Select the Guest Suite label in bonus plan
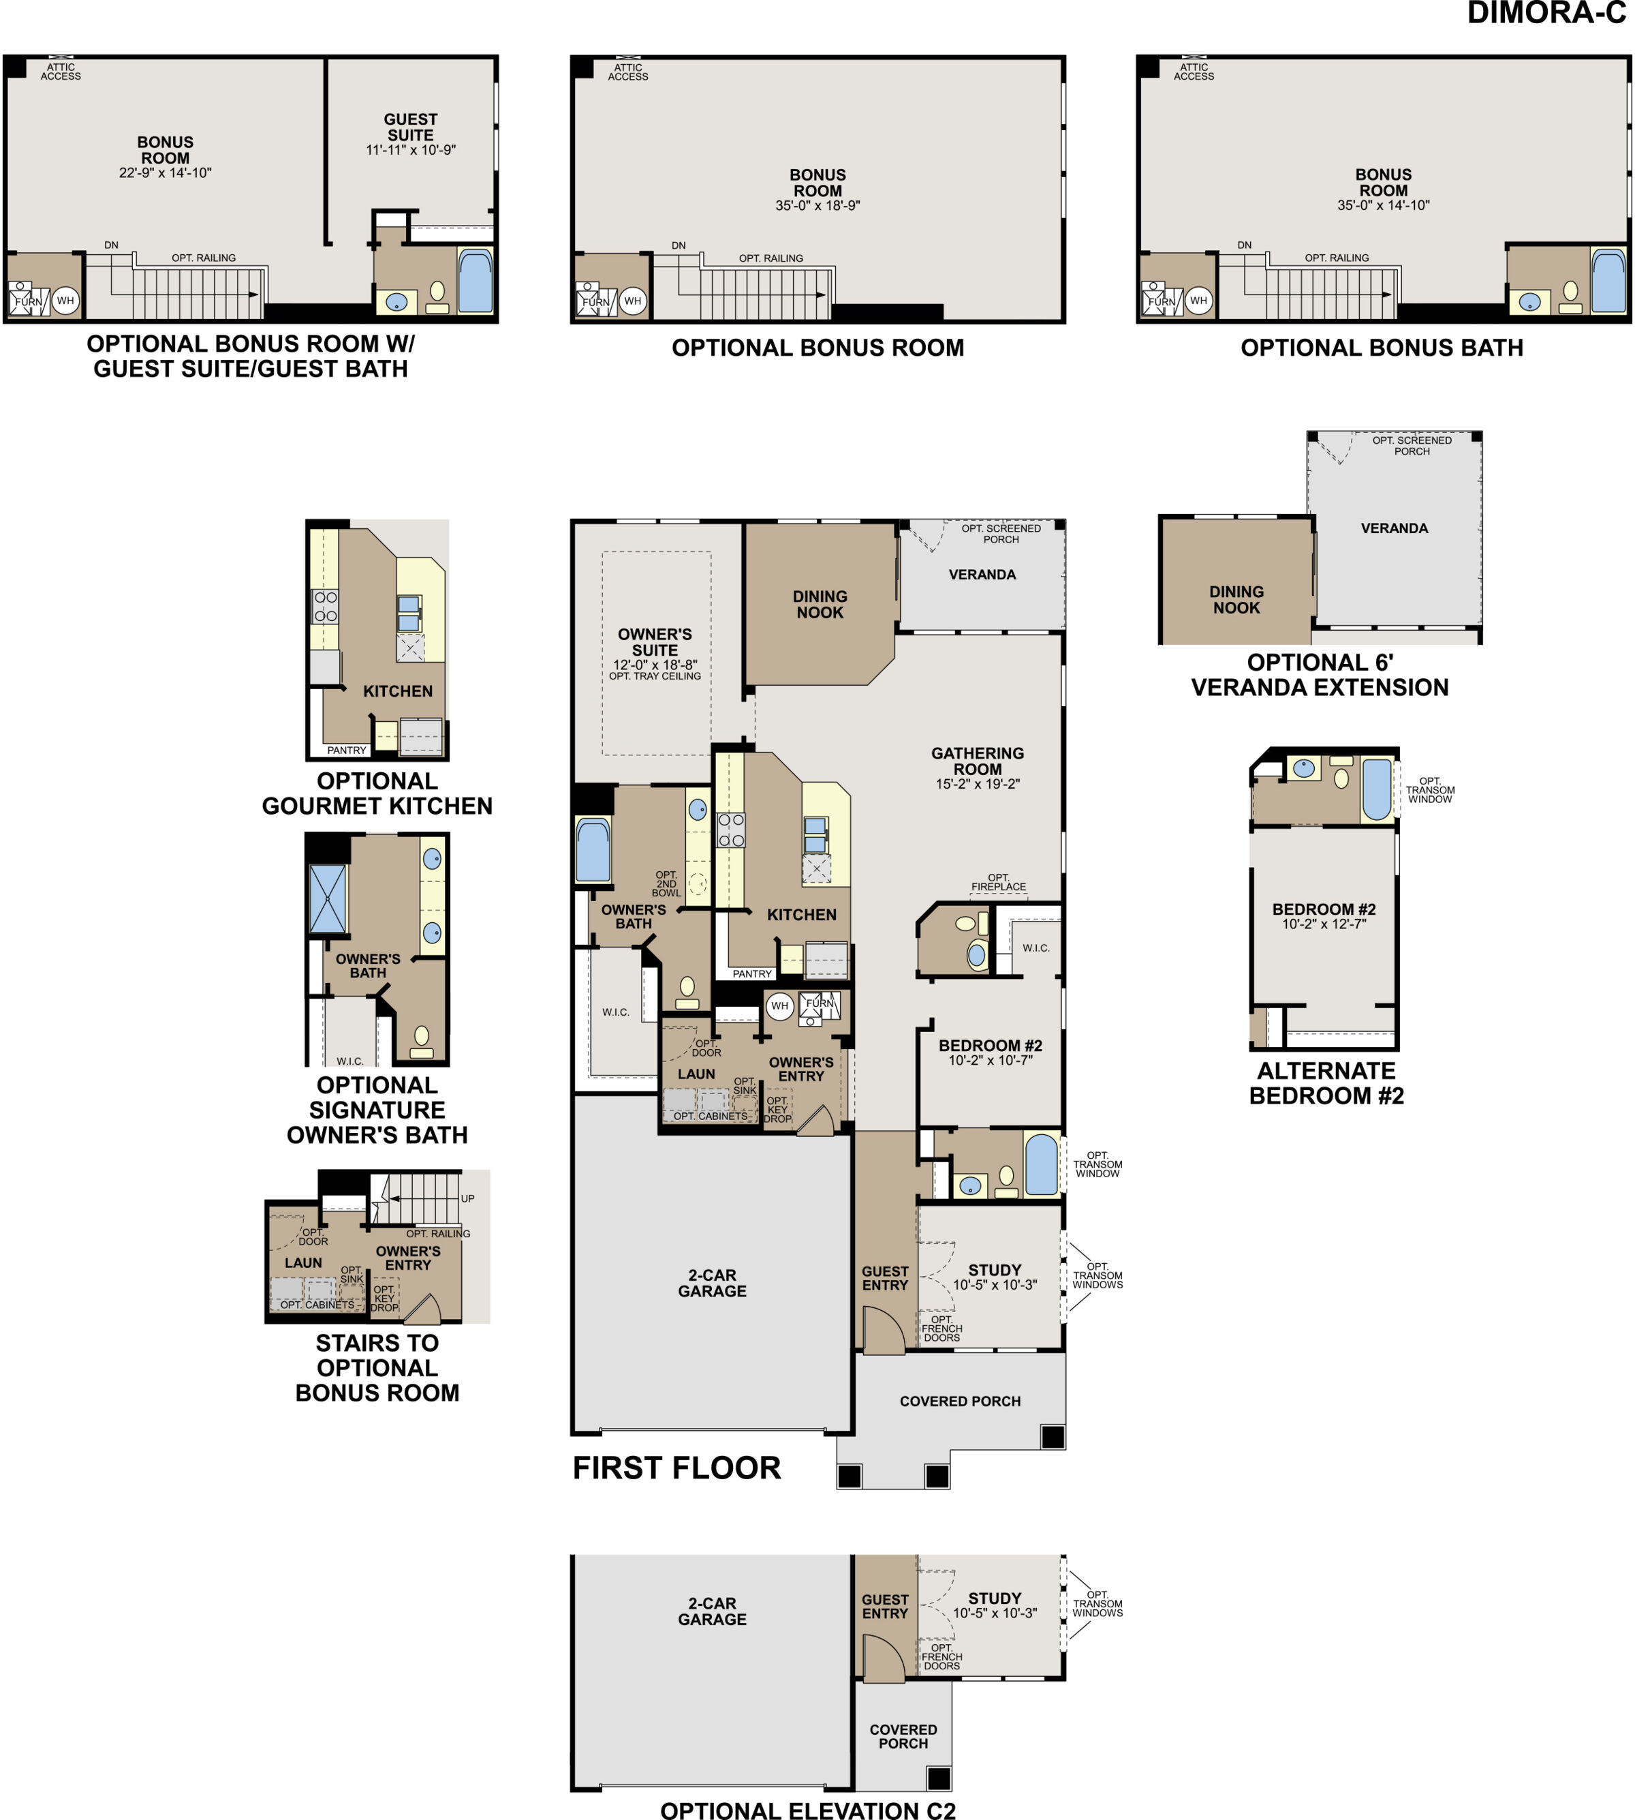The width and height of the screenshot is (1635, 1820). [x=411, y=127]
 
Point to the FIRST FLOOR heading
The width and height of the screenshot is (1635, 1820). [x=676, y=1468]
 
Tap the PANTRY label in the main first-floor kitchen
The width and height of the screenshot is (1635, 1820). [x=752, y=973]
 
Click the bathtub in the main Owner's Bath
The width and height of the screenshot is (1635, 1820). [x=593, y=849]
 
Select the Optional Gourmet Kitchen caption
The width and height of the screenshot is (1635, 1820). [x=377, y=793]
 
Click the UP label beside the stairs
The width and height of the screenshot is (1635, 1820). [x=467, y=1198]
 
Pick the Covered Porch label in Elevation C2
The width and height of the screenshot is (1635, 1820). [x=903, y=1735]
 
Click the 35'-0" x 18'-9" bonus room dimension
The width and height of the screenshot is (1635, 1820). [x=817, y=206]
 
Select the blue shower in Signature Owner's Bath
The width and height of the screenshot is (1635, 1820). [x=327, y=899]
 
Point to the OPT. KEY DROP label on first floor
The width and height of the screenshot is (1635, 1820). [x=777, y=1109]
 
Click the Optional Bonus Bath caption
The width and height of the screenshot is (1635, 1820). [x=1381, y=348]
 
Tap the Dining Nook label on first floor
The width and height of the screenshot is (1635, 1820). [x=820, y=604]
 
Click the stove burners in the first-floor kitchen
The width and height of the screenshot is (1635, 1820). [x=730, y=830]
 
